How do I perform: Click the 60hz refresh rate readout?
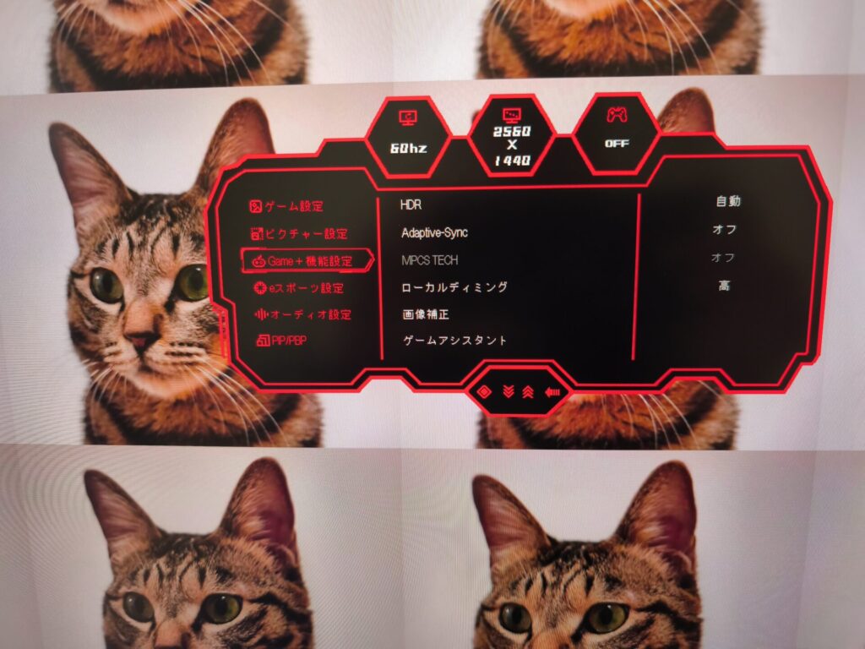pyautogui.click(x=408, y=148)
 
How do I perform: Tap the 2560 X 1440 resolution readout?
pyautogui.click(x=512, y=145)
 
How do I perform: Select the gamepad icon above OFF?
pyautogui.click(x=617, y=114)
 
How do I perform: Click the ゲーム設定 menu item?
pyautogui.click(x=286, y=206)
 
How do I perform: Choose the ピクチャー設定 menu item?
pyautogui.click(x=299, y=234)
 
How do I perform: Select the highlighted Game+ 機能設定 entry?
pyautogui.click(x=307, y=260)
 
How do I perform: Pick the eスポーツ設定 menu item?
pyautogui.click(x=298, y=288)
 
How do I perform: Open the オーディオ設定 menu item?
pyautogui.click(x=302, y=314)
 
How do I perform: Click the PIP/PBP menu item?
pyautogui.click(x=281, y=341)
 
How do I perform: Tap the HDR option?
pyautogui.click(x=411, y=205)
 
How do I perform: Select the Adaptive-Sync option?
pyautogui.click(x=435, y=233)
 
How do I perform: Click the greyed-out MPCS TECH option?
pyautogui.click(x=430, y=260)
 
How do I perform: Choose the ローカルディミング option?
pyautogui.click(x=454, y=287)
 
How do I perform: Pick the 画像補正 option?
pyautogui.click(x=426, y=314)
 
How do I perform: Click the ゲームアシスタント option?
pyautogui.click(x=454, y=341)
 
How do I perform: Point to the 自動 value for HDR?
pyautogui.click(x=728, y=201)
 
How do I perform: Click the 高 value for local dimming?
pyautogui.click(x=724, y=286)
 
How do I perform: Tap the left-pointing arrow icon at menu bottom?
pyautogui.click(x=552, y=392)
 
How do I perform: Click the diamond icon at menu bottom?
pyautogui.click(x=484, y=392)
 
